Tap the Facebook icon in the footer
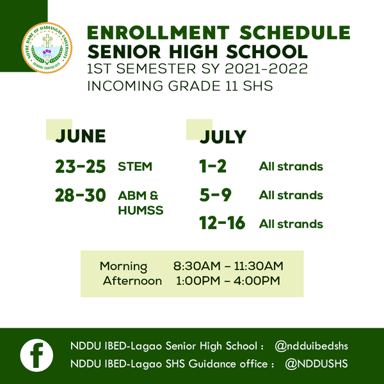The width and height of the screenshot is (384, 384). (36, 355)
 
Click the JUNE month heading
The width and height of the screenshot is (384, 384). (80, 136)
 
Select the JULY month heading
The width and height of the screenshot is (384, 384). (223, 137)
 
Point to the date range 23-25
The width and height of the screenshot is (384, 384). (80, 166)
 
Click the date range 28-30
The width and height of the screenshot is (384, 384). (80, 196)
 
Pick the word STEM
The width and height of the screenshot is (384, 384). (135, 167)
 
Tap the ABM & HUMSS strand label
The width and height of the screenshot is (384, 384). (140, 203)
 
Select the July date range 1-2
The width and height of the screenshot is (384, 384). (213, 166)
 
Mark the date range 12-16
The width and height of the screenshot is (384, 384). (222, 224)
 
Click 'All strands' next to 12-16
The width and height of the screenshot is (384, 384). (291, 224)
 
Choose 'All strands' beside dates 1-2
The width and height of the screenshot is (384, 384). (291, 167)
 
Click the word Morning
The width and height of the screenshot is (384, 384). (124, 266)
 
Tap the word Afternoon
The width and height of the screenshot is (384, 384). (132, 281)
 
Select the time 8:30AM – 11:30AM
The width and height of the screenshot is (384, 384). (228, 266)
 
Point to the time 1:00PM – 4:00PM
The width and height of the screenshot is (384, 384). (228, 281)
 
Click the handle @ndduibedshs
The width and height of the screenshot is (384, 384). (312, 346)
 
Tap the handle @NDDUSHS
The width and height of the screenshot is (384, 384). (316, 364)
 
